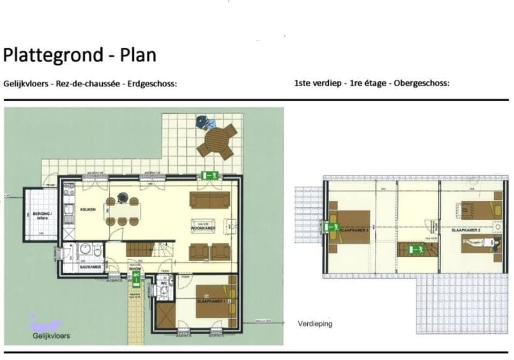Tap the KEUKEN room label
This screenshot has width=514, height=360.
click(x=88, y=209)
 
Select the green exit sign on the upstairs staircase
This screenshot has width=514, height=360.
click(x=415, y=249)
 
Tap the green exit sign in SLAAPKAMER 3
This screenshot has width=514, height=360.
click(x=332, y=227)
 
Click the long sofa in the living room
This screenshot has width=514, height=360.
click(x=209, y=200)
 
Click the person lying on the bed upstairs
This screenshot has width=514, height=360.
click(x=477, y=244)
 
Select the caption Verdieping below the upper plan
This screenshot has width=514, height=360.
click(x=315, y=324)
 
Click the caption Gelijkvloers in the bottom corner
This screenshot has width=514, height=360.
click(x=51, y=336)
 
